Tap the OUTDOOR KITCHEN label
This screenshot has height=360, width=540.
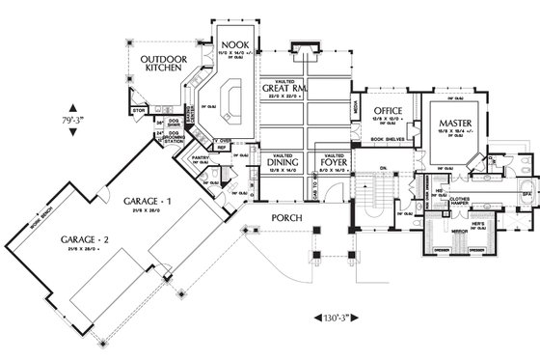point(157,65)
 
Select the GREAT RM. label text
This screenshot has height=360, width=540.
point(283,90)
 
